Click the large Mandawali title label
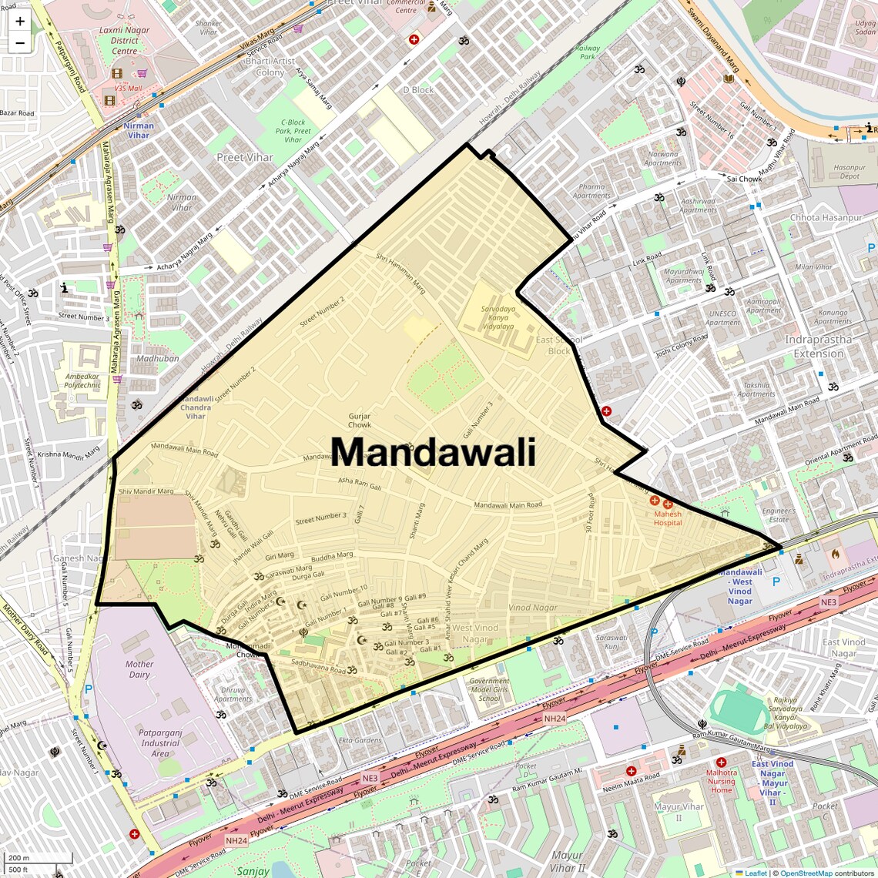point(433,452)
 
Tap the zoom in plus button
point(20,22)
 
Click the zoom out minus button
point(20,43)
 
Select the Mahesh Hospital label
point(668,518)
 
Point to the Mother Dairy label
point(139,669)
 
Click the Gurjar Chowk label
point(360,421)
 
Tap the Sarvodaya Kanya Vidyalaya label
point(498,317)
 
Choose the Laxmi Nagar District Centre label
point(124,41)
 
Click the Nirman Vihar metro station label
point(139,130)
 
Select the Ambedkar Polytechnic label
point(82,380)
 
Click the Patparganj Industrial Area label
point(160,743)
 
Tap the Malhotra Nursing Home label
point(722,781)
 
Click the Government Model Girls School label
point(489,689)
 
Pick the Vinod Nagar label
point(533,608)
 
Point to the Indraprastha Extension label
point(819,347)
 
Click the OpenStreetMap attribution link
point(806,873)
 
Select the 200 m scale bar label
point(18,858)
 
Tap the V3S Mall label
point(128,89)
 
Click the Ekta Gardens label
point(360,740)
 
